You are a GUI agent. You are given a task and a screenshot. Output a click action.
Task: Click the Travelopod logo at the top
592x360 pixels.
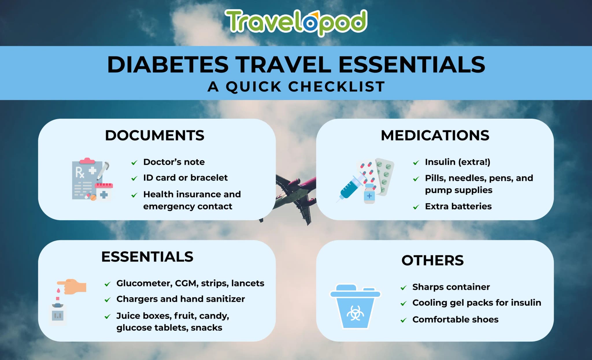click(x=296, y=22)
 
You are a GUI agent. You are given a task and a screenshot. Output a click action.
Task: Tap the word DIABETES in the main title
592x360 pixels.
click(x=168, y=64)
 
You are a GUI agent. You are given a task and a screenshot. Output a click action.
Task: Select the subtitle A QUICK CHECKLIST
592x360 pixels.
click(x=296, y=86)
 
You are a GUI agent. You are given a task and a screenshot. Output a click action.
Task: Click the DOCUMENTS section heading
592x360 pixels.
click(x=155, y=135)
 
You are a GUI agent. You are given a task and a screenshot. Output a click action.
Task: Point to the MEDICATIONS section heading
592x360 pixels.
click(x=435, y=135)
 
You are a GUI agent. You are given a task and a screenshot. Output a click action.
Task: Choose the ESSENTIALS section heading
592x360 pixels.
click(x=147, y=257)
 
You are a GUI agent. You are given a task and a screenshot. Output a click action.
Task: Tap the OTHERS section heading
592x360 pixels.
click(x=432, y=260)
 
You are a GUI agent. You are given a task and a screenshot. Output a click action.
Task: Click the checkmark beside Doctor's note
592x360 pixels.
click(x=134, y=163)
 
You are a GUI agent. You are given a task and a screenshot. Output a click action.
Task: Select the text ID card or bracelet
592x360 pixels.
click(x=185, y=178)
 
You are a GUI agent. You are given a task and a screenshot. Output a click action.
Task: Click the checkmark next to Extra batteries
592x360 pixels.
click(x=416, y=207)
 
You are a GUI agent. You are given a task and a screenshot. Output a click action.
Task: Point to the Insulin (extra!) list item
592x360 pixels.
click(x=458, y=162)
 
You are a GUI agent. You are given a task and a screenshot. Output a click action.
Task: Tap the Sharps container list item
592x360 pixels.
click(x=451, y=287)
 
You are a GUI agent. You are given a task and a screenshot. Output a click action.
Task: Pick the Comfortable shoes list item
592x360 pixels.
click(x=455, y=320)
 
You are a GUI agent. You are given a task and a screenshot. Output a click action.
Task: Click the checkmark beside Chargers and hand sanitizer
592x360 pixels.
click(x=108, y=300)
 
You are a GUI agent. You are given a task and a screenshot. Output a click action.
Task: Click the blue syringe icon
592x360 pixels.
click(x=351, y=186)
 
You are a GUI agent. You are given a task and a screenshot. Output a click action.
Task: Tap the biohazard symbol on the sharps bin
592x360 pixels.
click(x=355, y=314)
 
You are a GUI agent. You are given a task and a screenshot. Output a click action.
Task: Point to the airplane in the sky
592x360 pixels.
click(x=295, y=196)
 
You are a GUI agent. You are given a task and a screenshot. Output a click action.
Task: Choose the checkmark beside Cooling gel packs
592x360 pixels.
click(x=404, y=304)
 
